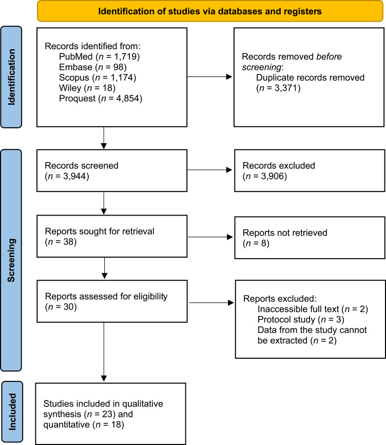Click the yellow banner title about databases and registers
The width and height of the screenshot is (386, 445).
coord(210,12)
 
